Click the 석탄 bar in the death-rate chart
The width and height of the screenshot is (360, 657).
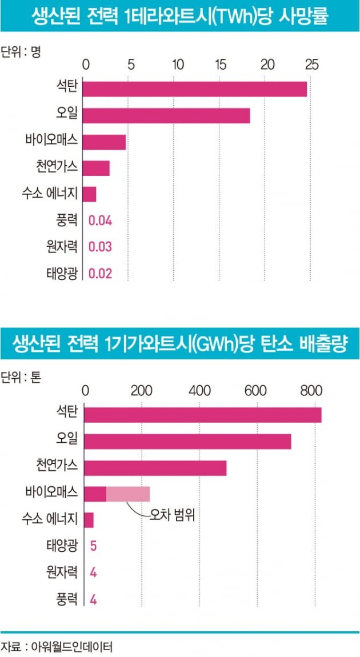pos(194,89)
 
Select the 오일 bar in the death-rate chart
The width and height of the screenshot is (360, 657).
pos(166,115)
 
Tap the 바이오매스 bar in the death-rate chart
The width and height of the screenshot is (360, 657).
pos(104,142)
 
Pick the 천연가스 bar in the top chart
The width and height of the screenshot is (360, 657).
pos(96,168)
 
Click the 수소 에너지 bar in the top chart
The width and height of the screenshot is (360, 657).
pos(89,194)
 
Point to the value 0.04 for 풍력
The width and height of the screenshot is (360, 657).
pos(100,221)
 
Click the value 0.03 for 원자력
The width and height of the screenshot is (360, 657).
pos(100,247)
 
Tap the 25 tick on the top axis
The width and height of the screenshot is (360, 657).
pos(311,64)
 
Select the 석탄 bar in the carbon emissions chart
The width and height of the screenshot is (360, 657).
pos(202,415)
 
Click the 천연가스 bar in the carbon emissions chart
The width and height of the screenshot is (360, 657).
pos(155,467)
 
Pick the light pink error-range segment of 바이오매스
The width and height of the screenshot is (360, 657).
pos(128,494)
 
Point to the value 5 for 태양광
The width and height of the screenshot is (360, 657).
pos(93,546)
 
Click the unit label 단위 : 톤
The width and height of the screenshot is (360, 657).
pos(21,378)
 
